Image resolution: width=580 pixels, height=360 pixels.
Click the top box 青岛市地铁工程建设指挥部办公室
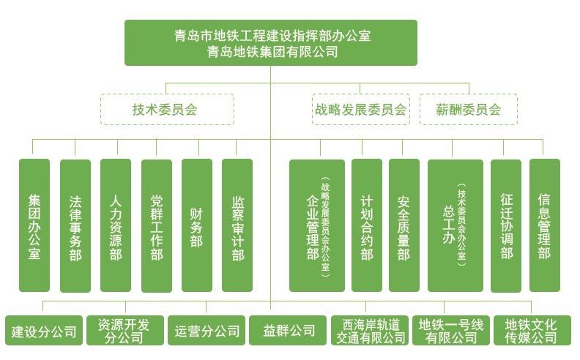pos(270,42)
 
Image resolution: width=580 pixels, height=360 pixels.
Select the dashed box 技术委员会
pos(167,110)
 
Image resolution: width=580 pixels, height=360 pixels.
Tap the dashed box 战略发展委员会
pos(360,110)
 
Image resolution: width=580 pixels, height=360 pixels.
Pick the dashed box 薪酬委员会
pos(468,110)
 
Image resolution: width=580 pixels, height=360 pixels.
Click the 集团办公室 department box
pos(34,225)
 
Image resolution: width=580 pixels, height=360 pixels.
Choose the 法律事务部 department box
pos(75,225)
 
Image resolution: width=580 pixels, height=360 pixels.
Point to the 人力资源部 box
pos(115,225)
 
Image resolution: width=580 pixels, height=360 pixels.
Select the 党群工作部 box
pos(156,225)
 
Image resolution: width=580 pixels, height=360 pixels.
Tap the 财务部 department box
pos(196,225)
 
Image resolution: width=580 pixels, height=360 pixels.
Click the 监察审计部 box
pos(237,225)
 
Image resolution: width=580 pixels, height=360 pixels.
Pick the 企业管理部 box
pos(316,225)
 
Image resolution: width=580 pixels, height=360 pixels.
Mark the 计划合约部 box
pos(367,225)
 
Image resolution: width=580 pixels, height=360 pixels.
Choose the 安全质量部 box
pos(404,225)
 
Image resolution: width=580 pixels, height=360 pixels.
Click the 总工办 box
pos(455,225)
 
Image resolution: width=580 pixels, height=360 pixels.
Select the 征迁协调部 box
pos(506,225)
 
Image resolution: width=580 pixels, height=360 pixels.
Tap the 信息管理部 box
pos(544,225)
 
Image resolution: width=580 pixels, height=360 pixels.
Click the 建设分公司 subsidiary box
pos(43,331)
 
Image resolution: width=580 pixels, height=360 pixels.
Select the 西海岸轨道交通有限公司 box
pos(370,331)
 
